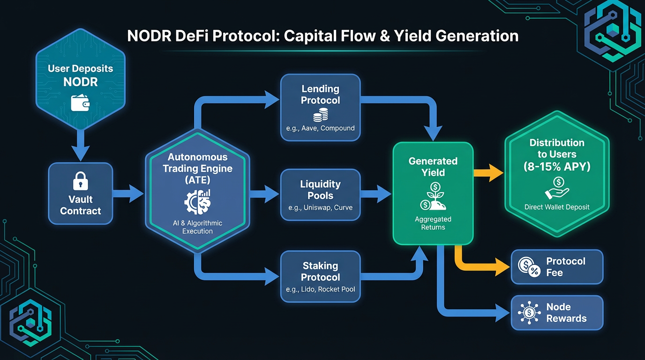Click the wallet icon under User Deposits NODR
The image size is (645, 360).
pos(80,103)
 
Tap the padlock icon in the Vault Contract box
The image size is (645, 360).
pos(80,181)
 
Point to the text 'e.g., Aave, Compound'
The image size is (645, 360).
pos(320,128)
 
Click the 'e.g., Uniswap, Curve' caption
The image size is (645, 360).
pos(320,208)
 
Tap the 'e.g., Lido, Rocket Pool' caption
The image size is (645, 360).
pos(320,289)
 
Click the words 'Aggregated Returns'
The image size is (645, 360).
pos(433,223)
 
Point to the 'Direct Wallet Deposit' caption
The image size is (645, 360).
pos(557,207)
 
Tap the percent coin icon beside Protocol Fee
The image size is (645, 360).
pos(529,267)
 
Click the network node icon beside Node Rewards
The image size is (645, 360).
pos(529,313)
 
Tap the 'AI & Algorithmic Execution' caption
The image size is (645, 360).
pos(197,227)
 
